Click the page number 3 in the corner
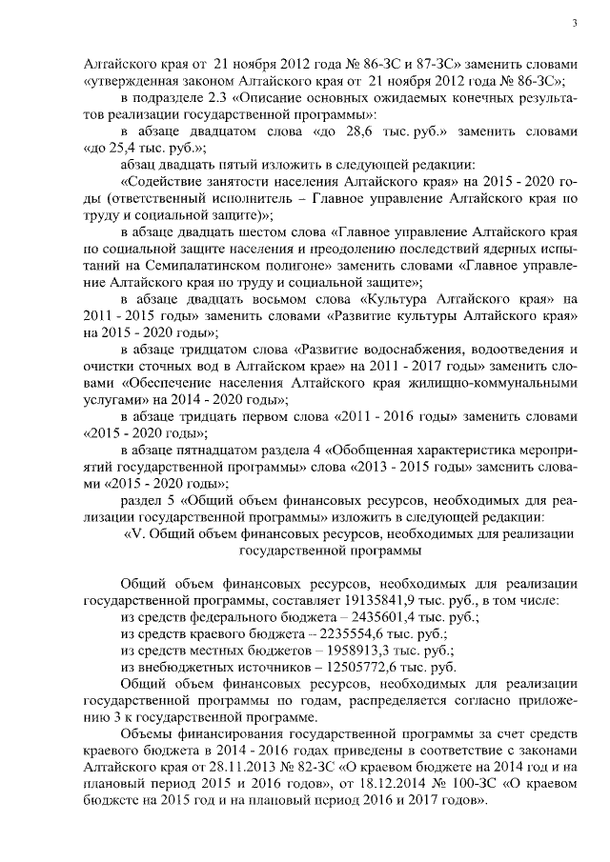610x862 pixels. tap(575, 23)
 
